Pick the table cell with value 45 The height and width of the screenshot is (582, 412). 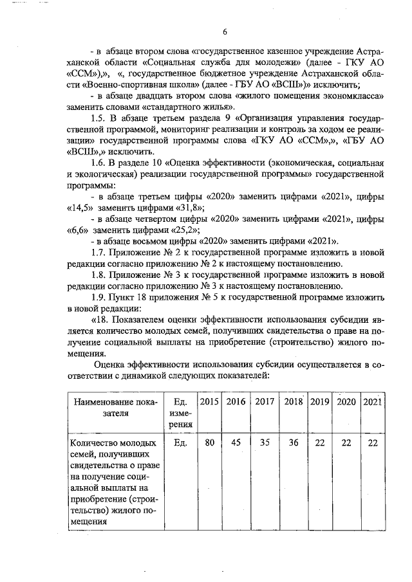(x=236, y=443)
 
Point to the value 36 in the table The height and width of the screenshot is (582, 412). (x=294, y=443)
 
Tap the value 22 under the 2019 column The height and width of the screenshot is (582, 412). (x=320, y=443)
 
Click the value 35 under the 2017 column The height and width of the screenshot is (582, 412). (x=265, y=443)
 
